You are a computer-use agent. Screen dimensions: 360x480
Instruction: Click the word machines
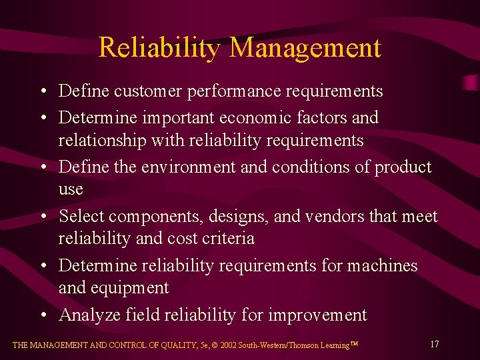point(383,265)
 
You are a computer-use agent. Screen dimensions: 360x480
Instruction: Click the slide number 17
point(434,344)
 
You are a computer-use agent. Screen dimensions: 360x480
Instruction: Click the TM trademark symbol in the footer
point(354,343)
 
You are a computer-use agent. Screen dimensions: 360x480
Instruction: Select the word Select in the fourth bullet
point(81,216)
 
